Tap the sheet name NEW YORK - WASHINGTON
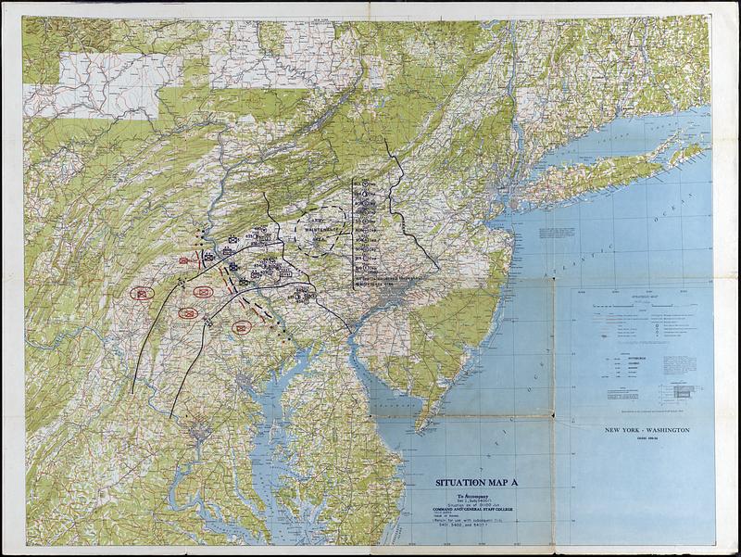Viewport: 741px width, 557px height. point(647,431)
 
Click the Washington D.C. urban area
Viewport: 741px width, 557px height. point(197,428)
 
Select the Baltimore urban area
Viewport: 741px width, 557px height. point(243,380)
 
